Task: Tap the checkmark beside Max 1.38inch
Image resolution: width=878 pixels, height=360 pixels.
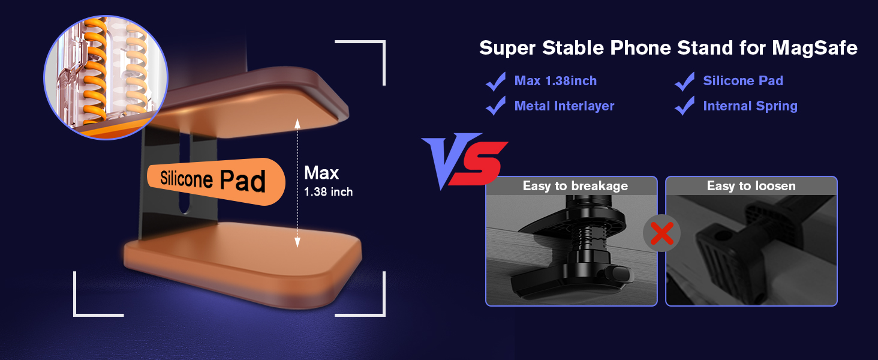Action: point(496,82)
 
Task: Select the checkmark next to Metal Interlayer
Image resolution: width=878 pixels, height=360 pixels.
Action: point(496,106)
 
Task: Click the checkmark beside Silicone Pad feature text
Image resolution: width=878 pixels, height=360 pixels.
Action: point(685,82)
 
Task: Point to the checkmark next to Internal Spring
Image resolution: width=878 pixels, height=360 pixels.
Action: point(685,106)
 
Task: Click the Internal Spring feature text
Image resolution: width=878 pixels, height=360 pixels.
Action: point(750,106)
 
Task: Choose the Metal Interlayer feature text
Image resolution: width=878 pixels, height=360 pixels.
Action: point(564,106)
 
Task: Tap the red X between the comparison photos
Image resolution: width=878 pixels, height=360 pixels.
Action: point(661,233)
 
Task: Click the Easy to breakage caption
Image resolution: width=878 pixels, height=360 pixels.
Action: point(575,186)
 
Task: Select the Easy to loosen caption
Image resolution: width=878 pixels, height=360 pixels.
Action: point(751,185)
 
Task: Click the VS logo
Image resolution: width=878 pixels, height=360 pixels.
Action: point(464,161)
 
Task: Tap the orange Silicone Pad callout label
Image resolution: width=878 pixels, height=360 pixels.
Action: point(216,181)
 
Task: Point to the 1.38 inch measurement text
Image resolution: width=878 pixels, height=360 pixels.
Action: point(328,192)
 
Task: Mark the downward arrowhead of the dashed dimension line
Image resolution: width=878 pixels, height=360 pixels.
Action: point(297,242)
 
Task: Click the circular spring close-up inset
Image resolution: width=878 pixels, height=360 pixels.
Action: point(106,77)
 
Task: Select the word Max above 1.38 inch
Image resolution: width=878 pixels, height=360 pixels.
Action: point(321,173)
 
